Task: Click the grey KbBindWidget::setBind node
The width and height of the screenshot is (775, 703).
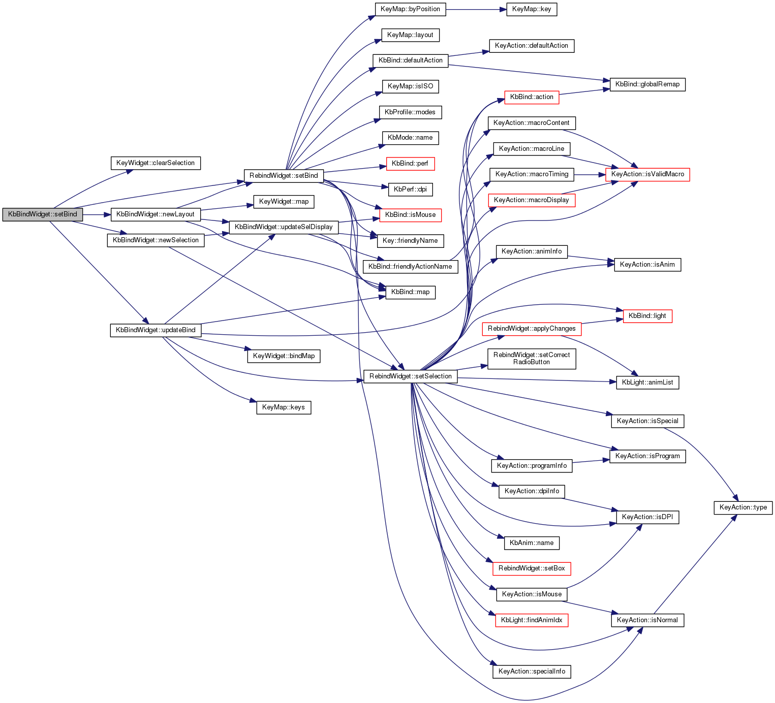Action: [43, 214]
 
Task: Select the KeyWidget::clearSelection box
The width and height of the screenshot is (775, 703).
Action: [156, 163]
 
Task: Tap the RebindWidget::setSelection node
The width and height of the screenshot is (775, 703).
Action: [410, 376]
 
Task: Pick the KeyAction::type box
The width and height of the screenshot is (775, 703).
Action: [743, 507]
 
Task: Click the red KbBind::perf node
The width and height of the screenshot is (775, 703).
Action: [410, 164]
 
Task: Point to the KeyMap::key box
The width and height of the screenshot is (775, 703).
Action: [532, 9]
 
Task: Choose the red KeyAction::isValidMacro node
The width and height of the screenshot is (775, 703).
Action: [647, 174]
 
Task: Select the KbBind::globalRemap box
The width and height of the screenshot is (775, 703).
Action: [647, 84]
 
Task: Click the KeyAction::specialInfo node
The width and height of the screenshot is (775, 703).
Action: [532, 672]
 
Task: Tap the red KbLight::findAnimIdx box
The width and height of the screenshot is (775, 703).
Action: [532, 620]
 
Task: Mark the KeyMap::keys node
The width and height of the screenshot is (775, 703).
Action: [284, 407]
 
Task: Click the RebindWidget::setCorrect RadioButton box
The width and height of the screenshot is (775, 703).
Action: [532, 359]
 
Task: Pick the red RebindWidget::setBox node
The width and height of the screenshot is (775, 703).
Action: [532, 568]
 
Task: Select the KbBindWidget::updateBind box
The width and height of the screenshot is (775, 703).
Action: [156, 330]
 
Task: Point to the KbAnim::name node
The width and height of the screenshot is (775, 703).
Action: [532, 542]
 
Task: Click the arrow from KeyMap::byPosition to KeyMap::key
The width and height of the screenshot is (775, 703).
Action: [476, 9]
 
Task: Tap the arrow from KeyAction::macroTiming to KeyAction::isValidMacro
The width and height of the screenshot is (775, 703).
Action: [590, 175]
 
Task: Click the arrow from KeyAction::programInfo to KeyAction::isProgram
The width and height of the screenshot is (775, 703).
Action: [591, 461]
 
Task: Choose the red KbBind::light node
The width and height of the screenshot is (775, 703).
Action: [647, 316]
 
